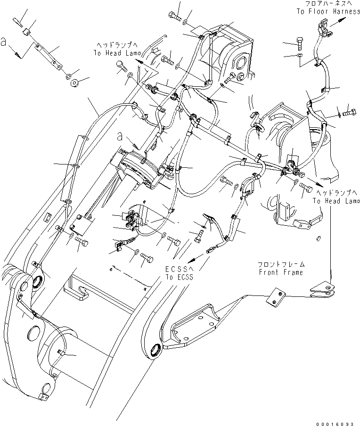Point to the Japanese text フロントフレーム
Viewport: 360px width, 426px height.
tap(281, 264)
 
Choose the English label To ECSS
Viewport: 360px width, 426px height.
tap(179, 277)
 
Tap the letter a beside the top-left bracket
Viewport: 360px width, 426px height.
tap(5, 43)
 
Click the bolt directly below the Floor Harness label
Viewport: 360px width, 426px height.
tap(302, 43)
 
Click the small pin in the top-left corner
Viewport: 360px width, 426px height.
tap(17, 21)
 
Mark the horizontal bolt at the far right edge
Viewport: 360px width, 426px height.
tap(350, 113)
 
